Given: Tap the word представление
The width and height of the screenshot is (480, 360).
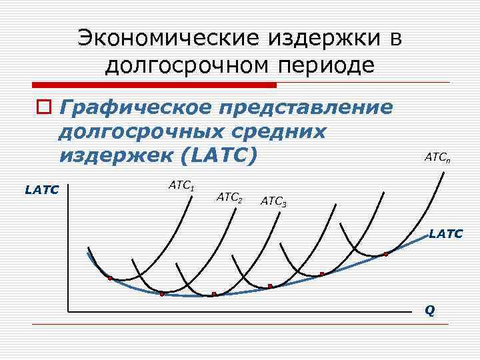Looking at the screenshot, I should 307,107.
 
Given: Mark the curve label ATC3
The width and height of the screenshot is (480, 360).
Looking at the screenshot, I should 273,200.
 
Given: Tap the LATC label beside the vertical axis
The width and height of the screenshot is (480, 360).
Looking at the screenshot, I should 42,190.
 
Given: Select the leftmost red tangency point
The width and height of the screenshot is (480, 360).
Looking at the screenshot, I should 110,278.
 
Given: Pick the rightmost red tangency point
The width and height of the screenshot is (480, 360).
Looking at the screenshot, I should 385,255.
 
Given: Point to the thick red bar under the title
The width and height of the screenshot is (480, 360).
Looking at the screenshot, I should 153,85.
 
